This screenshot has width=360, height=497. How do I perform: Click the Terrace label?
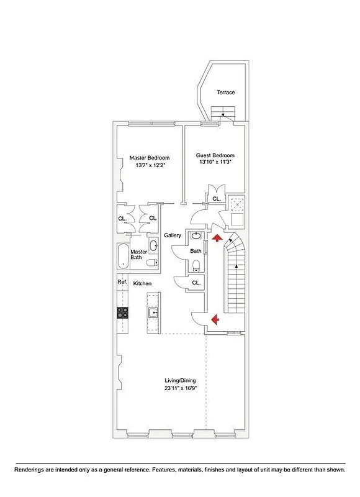click(225, 93)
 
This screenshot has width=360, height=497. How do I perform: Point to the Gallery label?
click(172, 235)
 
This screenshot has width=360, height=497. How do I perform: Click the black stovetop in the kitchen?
click(122, 314)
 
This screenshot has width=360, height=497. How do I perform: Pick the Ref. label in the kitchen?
click(122, 283)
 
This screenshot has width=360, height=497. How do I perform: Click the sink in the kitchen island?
click(153, 312)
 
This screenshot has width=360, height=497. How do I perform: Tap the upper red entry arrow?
click(216, 237)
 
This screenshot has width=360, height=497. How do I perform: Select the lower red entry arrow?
click(215, 319)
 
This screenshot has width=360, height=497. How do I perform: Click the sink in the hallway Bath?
click(196, 237)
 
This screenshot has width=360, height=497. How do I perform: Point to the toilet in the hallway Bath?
click(196, 266)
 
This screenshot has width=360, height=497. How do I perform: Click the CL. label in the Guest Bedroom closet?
click(216, 199)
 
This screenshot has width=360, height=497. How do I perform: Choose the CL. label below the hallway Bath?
click(196, 283)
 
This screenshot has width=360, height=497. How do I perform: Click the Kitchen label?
click(143, 283)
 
